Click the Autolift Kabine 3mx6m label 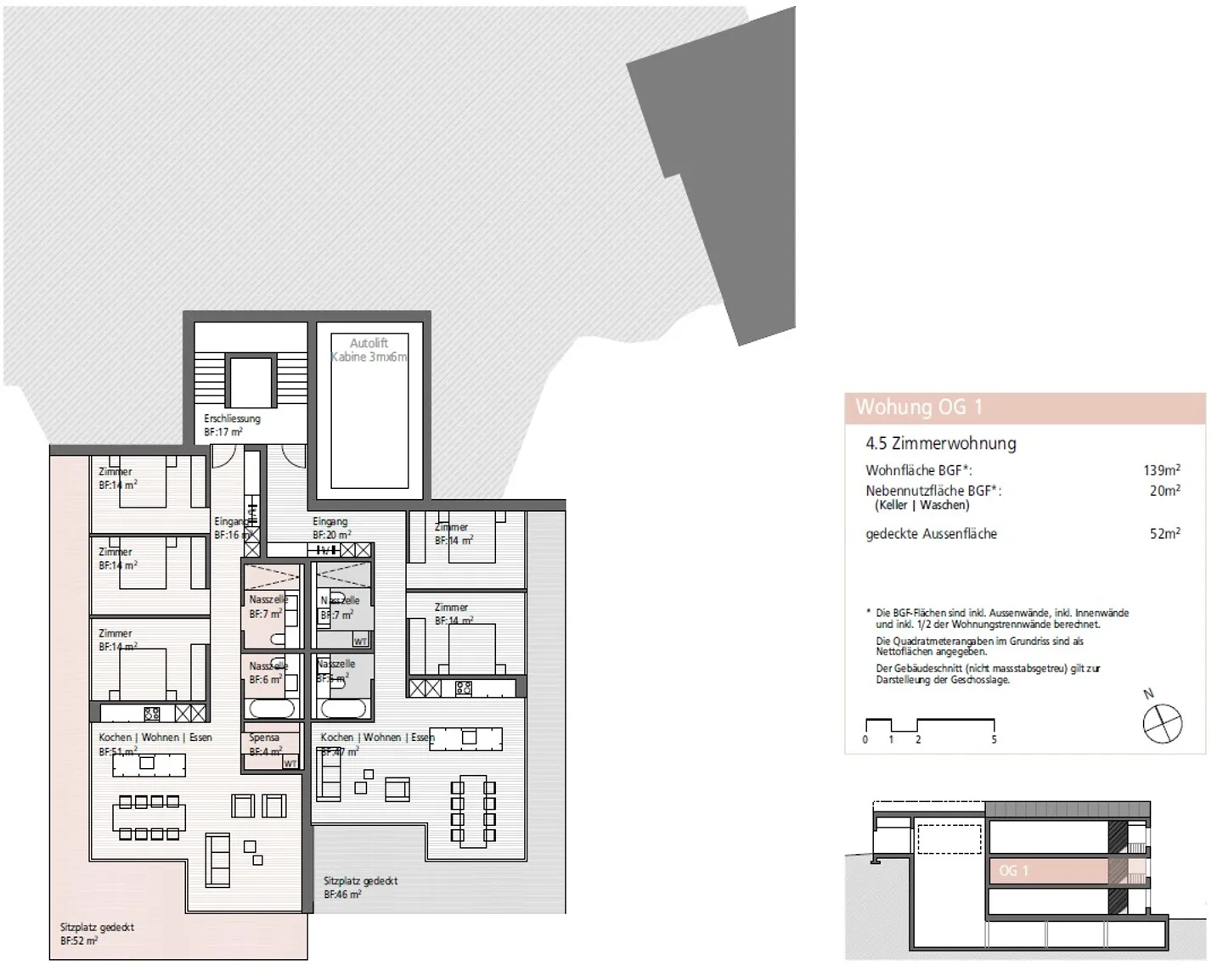[369, 350]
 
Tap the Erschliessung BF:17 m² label [231, 425]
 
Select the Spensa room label [264, 738]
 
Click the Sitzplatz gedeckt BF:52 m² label [97, 935]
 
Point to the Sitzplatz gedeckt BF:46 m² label [360, 888]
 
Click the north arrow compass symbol [1162, 724]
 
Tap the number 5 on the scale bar [994, 739]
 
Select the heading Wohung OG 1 [918, 407]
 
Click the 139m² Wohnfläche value [1161, 470]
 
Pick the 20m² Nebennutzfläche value [1164, 491]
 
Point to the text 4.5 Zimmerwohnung [940, 443]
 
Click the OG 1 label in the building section [1013, 871]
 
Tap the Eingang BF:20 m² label [331, 528]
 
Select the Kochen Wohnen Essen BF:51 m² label [155, 744]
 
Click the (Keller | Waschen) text [921, 505]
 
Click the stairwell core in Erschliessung [250, 382]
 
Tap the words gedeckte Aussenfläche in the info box [931, 534]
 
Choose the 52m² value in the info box [1164, 534]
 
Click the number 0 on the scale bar [865, 739]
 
